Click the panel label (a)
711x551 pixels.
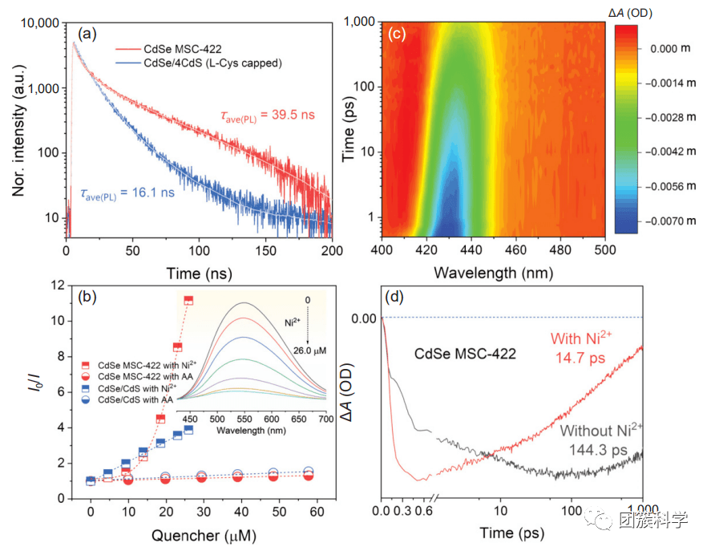88,34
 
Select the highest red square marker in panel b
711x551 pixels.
189,300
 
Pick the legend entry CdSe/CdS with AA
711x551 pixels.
141,399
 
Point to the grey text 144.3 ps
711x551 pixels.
600,449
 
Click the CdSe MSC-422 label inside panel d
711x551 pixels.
465,353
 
